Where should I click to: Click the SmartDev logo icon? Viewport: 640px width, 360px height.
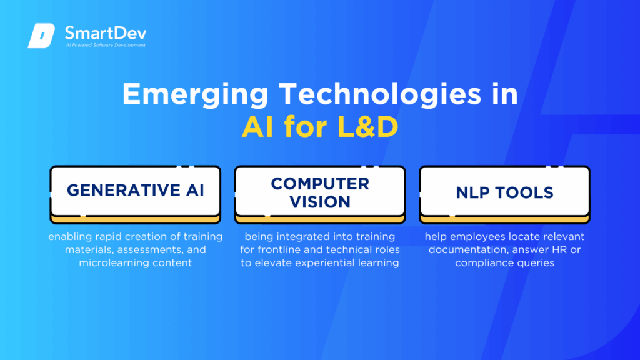[x=41, y=36]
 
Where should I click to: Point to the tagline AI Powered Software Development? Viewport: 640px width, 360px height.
[x=106, y=46]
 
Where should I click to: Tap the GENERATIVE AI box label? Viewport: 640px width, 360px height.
[x=135, y=191]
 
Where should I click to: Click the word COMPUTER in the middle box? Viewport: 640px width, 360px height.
[x=320, y=183]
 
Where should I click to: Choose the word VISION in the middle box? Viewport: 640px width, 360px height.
[x=320, y=201]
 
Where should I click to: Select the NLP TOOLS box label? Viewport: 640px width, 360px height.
[x=504, y=192]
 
